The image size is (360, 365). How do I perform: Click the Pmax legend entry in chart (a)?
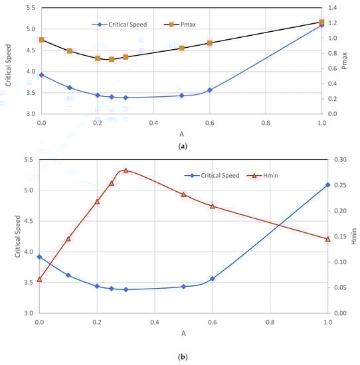click(181, 25)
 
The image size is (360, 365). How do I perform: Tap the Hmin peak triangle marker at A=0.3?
click(126, 171)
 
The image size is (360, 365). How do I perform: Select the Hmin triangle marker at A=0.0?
click(39, 279)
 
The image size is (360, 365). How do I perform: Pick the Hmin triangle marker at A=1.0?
click(327, 239)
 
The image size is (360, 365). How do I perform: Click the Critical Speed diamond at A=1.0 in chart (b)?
click(327, 185)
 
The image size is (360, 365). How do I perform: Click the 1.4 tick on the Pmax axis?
click(333, 8)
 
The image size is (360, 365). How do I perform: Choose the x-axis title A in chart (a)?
click(181, 133)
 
